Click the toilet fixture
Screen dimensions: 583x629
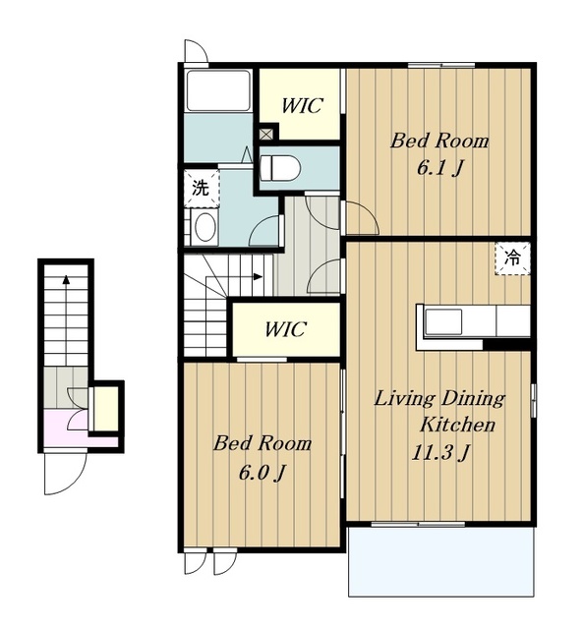coord(280,168)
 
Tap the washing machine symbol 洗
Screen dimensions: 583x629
coord(202,188)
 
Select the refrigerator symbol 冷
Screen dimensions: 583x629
coord(512,258)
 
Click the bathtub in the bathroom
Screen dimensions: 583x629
coord(218,91)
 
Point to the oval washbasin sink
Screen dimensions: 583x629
coord(204,227)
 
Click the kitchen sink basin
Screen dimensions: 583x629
coord(443,321)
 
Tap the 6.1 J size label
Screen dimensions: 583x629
coord(439,168)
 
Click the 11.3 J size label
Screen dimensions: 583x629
coord(440,452)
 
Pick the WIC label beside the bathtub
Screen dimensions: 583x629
coord(301,105)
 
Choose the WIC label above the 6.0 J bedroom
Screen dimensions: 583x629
coord(285,329)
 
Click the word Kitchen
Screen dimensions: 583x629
coord(457,425)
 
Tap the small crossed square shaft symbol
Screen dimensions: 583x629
coord(265,134)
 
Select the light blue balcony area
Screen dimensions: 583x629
coord(442,561)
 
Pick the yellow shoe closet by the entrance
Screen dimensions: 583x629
coord(105,408)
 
